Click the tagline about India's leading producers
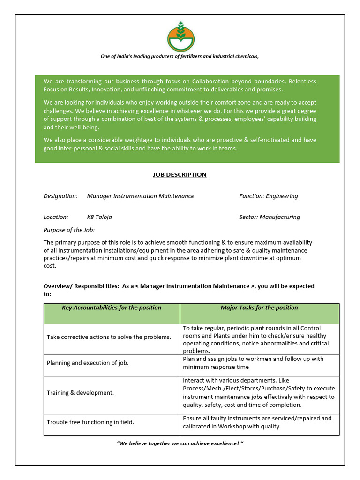pyautogui.click(x=180, y=56)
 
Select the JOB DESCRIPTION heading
pyautogui.click(x=180, y=175)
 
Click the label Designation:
pyautogui.click(x=60, y=196)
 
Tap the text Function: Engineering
pyautogui.click(x=268, y=196)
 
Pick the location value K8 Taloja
pyautogui.click(x=99, y=217)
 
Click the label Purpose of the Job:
pyautogui.click(x=69, y=230)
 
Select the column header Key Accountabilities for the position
pyautogui.click(x=112, y=308)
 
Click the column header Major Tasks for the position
pyautogui.click(x=259, y=308)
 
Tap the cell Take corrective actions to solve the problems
pyautogui.click(x=109, y=337)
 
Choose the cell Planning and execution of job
pyautogui.click(x=88, y=363)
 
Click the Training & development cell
pyautogui.click(x=80, y=393)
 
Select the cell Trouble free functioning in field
pyautogui.click(x=90, y=422)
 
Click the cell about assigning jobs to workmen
pyautogui.click(x=253, y=363)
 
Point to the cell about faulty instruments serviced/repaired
pyautogui.click(x=257, y=422)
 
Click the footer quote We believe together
pyautogui.click(x=180, y=443)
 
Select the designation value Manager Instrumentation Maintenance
pyautogui.click(x=140, y=196)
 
